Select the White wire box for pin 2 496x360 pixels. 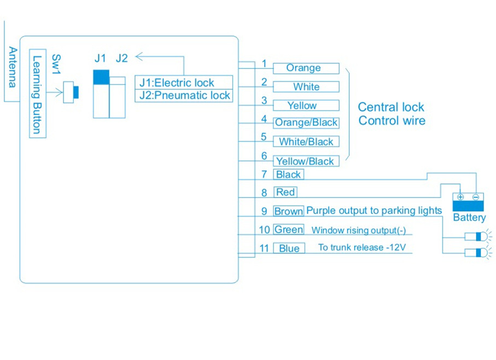(306, 87)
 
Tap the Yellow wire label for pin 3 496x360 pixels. (302, 106)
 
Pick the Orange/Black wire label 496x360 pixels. (306, 123)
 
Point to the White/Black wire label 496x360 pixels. (306, 142)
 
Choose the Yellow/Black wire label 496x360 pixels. (305, 161)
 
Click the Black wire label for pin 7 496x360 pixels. (288, 175)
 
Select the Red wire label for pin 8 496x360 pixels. (285, 192)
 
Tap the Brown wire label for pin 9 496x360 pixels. (288, 211)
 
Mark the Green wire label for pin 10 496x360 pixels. (288, 230)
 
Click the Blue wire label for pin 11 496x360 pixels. (289, 248)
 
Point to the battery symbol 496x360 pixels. (468, 202)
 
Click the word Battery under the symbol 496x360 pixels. (469, 218)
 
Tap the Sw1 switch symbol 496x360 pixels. (71, 92)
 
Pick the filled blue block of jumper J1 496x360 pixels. (101, 77)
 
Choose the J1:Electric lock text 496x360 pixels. (177, 83)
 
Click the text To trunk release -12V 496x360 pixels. (361, 247)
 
